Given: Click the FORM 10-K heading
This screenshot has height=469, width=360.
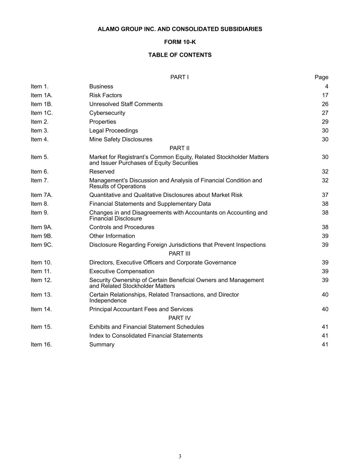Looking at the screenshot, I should coord(180,42).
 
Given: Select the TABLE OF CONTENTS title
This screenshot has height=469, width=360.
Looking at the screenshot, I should coord(180,55).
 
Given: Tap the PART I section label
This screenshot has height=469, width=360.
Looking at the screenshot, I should coord(179,77).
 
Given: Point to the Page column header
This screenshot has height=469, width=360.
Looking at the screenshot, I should coord(321,77).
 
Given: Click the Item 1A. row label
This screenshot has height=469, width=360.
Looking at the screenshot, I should coord(42,95).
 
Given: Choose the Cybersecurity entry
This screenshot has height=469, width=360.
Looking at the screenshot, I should coord(107,113).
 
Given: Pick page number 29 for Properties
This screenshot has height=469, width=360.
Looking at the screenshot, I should coord(325,122).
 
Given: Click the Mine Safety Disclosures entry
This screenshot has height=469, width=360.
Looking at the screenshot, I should coord(121,139).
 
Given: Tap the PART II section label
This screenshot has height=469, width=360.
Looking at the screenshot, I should coord(179,148).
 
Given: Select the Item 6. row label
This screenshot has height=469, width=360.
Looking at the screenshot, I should coord(40,172).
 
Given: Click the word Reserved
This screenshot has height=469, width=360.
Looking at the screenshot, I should coord(102,172).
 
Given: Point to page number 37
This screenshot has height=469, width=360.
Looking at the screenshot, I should coord(325,195).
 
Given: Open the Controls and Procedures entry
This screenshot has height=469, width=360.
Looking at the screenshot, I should coord(122,227).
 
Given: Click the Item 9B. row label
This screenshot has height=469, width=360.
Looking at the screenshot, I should coord(42,236).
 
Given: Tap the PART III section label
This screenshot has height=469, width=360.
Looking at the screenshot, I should coord(179,254).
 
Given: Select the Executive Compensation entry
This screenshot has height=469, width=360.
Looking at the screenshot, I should coord(122,271).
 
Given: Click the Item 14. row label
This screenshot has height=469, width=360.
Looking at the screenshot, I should coord(41,309).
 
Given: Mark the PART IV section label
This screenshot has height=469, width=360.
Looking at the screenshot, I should coord(179,318).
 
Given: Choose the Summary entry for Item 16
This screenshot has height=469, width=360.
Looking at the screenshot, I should coord(102,345).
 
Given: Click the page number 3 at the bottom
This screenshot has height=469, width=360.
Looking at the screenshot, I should coord(180,456).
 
